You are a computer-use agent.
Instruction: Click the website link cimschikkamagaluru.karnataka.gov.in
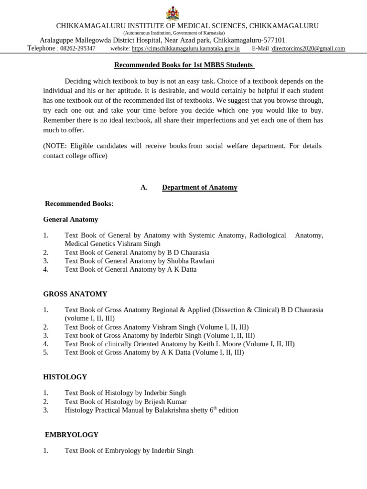click(x=185, y=49)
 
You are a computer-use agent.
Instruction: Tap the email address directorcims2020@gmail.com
click(x=308, y=49)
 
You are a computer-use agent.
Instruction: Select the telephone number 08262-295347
click(x=77, y=49)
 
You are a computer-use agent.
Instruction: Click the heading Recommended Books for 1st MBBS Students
click(x=184, y=65)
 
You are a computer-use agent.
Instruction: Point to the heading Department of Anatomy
click(x=199, y=188)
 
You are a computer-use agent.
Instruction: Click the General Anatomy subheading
click(x=70, y=220)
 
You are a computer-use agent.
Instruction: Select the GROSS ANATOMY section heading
click(x=75, y=294)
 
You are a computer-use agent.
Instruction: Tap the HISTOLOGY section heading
click(x=65, y=377)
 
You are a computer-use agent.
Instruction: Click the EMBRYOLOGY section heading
click(x=72, y=435)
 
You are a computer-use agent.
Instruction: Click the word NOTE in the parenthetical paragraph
click(x=55, y=146)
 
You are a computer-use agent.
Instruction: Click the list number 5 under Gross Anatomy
click(x=46, y=352)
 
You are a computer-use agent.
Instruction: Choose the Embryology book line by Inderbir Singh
click(x=129, y=451)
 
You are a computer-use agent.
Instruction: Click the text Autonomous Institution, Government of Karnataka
click(x=174, y=33)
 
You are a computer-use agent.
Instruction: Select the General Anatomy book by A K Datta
click(x=130, y=269)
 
